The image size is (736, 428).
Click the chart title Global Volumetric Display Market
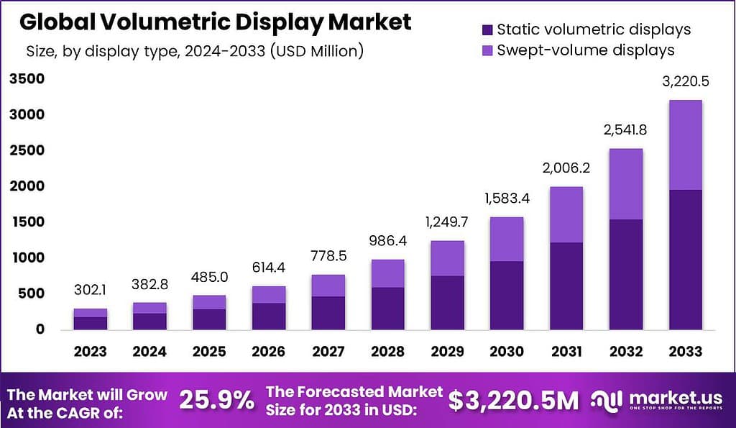tap(215, 22)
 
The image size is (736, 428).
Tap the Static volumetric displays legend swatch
tap(487, 29)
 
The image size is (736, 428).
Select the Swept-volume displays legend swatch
tap(487, 50)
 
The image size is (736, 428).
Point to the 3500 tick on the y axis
tap(27, 79)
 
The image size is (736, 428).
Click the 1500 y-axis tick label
tap(27, 222)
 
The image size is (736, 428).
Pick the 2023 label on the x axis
tap(90, 351)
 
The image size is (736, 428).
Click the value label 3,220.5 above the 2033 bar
tap(684, 81)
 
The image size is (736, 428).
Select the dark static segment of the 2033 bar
tap(684, 259)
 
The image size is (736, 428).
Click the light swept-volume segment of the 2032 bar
tap(625, 184)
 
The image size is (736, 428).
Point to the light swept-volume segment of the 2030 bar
tap(506, 239)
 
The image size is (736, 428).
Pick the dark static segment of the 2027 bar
tap(328, 313)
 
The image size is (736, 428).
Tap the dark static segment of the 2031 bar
tap(566, 286)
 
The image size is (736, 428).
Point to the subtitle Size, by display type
tap(194, 51)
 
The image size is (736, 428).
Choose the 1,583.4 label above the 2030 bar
tap(506, 198)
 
